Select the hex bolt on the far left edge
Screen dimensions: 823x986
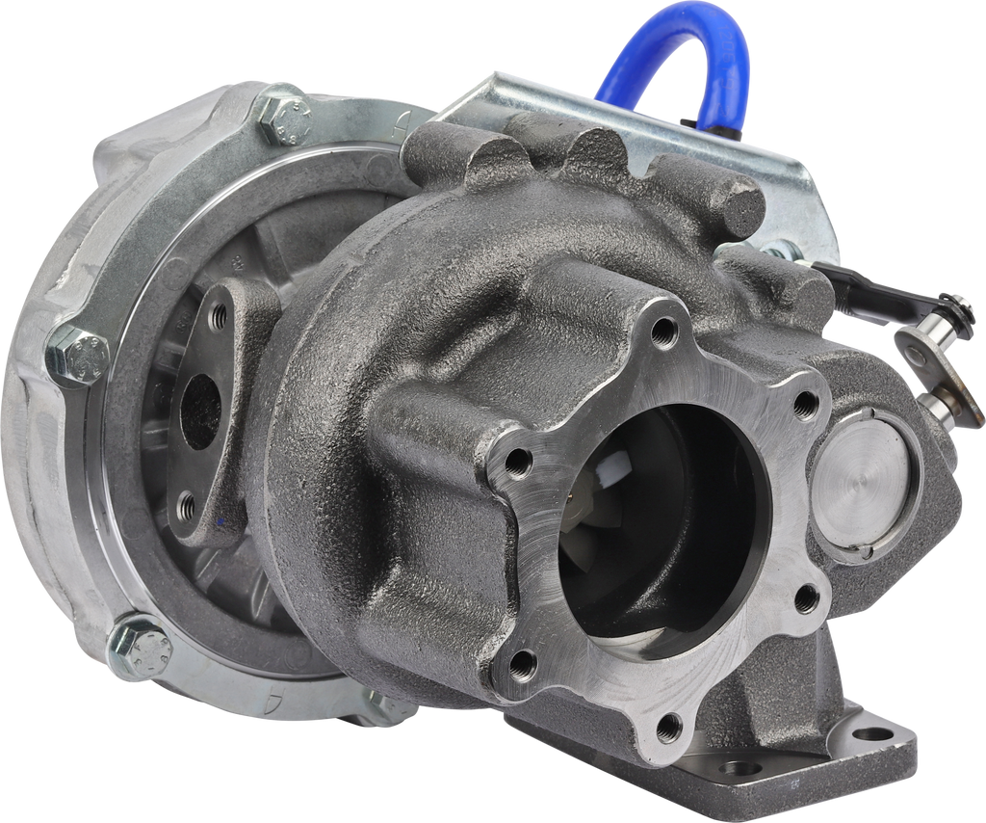77,357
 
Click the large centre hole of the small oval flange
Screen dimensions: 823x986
200,410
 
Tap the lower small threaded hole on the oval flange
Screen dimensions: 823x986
187,503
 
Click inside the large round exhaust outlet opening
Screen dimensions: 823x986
664,520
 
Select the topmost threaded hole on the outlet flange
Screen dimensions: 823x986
663,332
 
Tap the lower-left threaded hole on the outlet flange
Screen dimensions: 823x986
521,662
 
